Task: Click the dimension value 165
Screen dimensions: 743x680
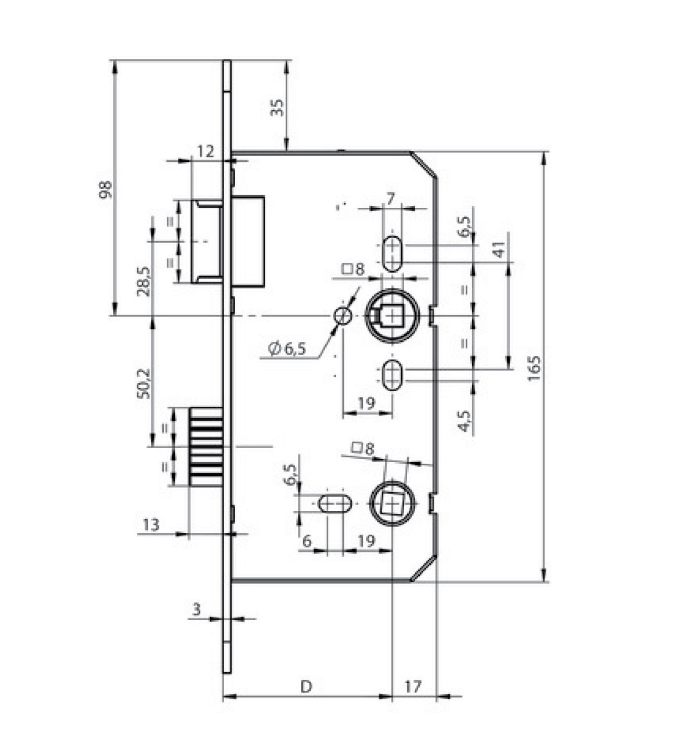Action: (x=535, y=368)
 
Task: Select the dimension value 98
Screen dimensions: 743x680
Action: (x=105, y=190)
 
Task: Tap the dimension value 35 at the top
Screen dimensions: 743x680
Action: (x=278, y=107)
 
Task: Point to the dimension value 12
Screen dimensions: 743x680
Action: (x=206, y=152)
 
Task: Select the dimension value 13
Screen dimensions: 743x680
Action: (x=151, y=525)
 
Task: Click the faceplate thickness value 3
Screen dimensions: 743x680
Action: (x=196, y=609)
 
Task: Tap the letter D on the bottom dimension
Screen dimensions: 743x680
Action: (x=306, y=687)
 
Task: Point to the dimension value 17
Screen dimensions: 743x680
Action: (x=412, y=687)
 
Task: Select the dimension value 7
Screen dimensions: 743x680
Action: (x=391, y=199)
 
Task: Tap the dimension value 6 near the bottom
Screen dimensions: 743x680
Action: (x=307, y=540)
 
